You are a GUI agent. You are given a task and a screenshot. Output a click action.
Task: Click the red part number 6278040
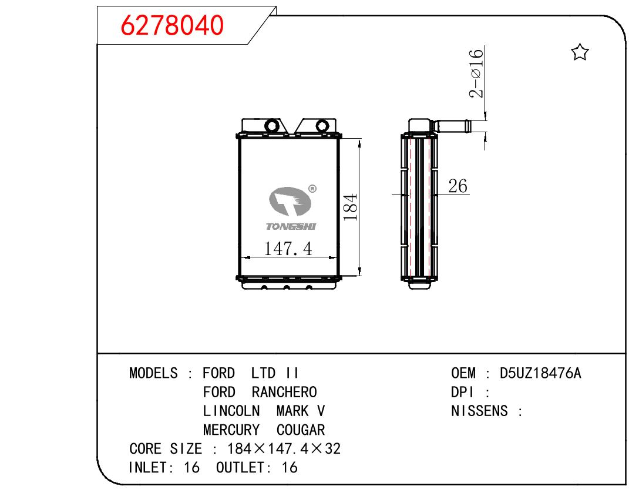pyautogui.click(x=172, y=25)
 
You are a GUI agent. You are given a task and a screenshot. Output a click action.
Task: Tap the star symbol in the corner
pyautogui.click(x=580, y=52)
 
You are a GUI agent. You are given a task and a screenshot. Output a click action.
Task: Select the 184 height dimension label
pyautogui.click(x=350, y=207)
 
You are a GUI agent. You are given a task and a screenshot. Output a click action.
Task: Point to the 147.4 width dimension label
pyautogui.click(x=288, y=249)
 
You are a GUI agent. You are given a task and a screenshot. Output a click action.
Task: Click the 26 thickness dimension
pyautogui.click(x=458, y=186)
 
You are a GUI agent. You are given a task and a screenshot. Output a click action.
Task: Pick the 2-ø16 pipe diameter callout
pyautogui.click(x=476, y=73)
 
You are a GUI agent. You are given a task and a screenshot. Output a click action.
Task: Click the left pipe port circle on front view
pyautogui.click(x=271, y=126)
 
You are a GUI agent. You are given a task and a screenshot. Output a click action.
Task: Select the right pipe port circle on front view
pyautogui.click(x=322, y=126)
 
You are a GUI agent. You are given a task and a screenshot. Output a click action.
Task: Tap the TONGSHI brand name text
pyautogui.click(x=291, y=227)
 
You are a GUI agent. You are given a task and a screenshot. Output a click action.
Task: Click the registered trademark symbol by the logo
pyautogui.click(x=312, y=189)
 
